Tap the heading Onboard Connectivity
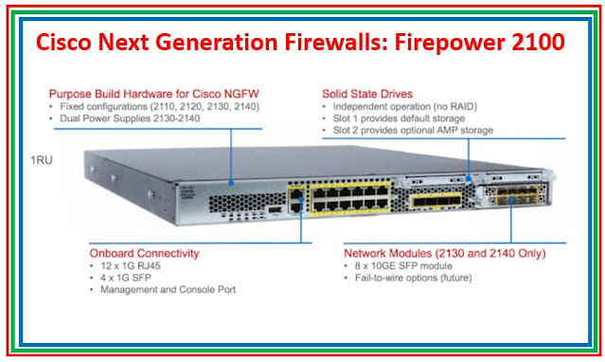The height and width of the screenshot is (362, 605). [132, 253]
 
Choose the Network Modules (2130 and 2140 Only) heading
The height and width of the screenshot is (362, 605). [443, 253]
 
